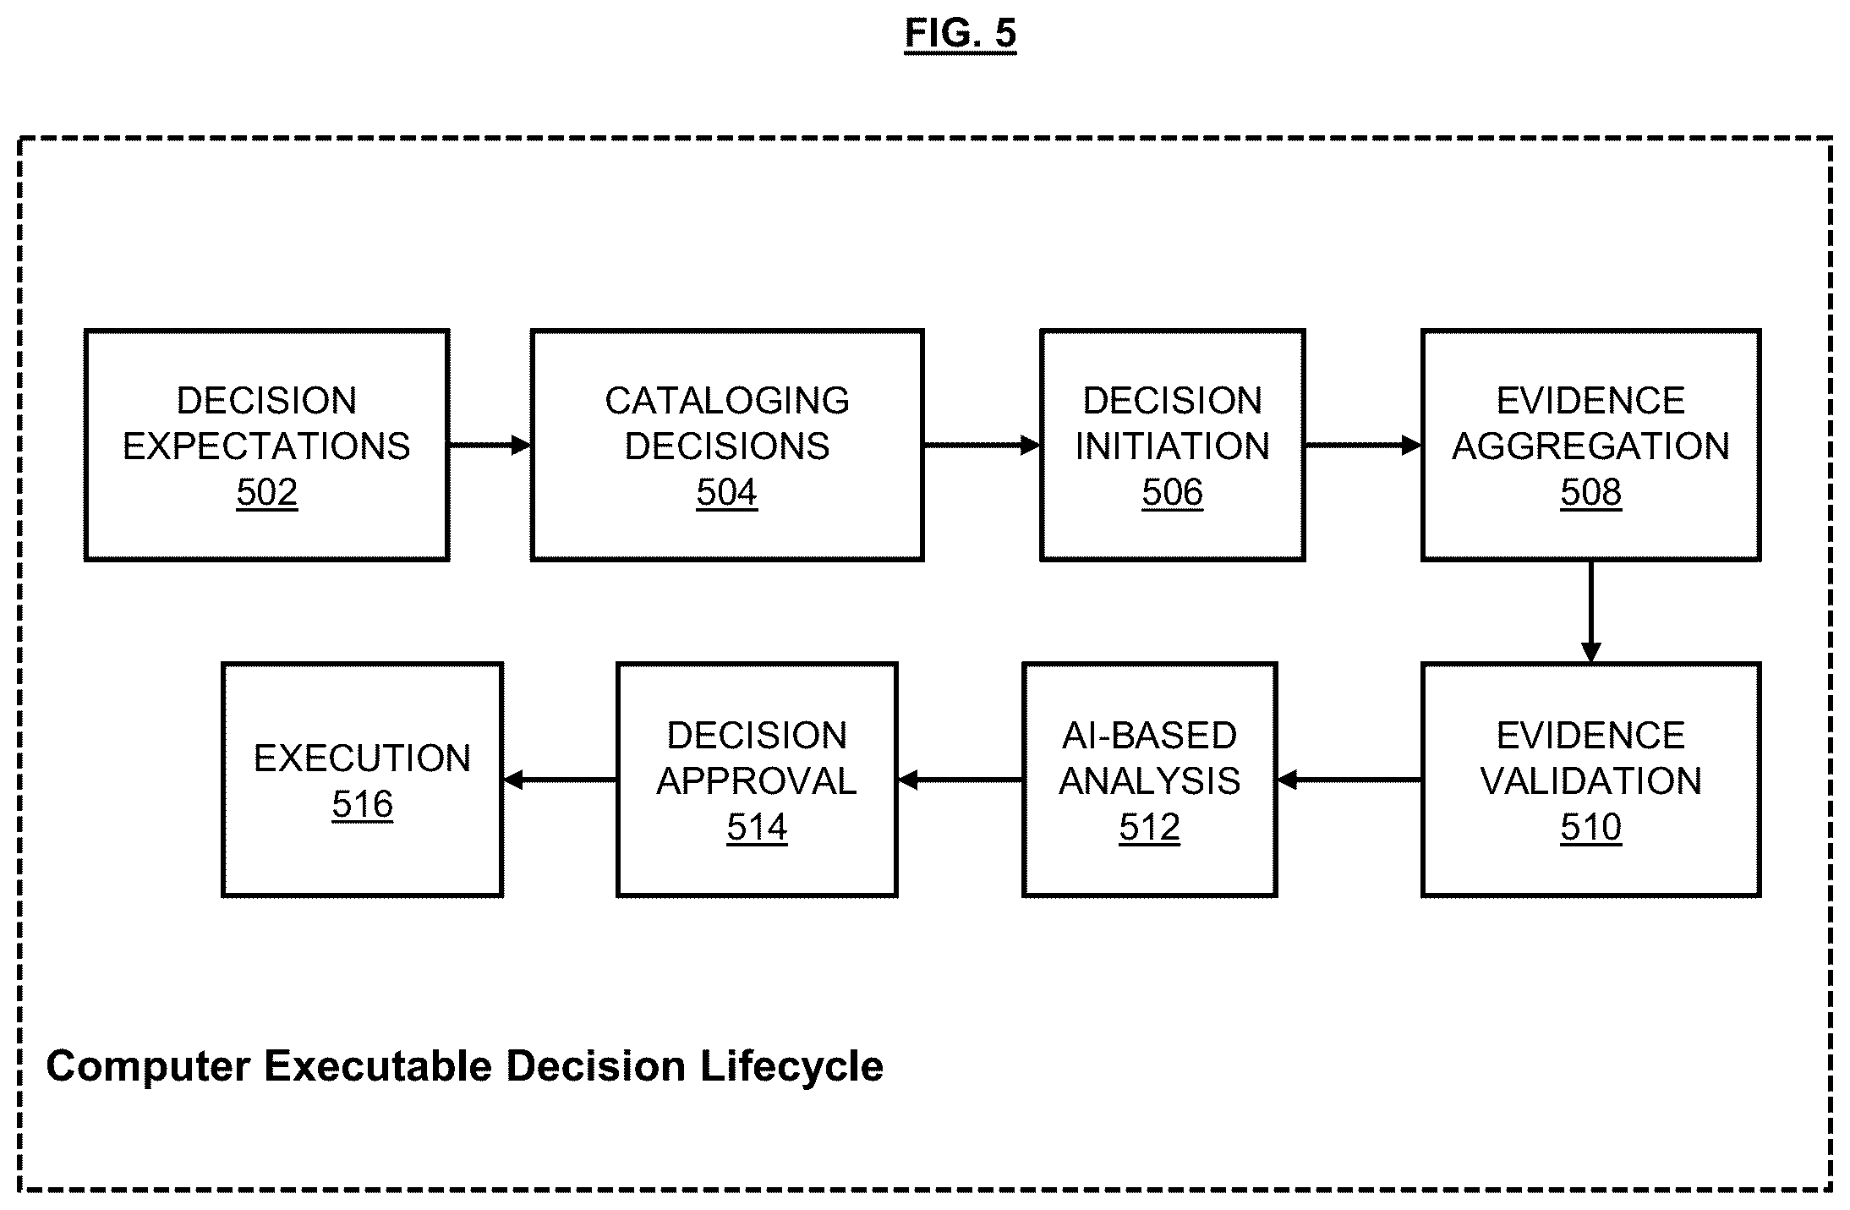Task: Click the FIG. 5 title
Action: pyautogui.click(x=960, y=35)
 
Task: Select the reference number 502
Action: pyautogui.click(x=266, y=492)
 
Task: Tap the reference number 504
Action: pyautogui.click(x=726, y=492)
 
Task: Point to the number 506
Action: pyautogui.click(x=1172, y=492)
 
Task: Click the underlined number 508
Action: pyautogui.click(x=1590, y=492)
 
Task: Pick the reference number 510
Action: pyautogui.click(x=1590, y=827)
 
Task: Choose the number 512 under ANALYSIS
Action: pyautogui.click(x=1149, y=827)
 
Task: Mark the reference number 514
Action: pyautogui.click(x=757, y=827)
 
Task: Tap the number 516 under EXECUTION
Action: pyautogui.click(x=362, y=804)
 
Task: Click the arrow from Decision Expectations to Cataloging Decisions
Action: pyautogui.click(x=490, y=445)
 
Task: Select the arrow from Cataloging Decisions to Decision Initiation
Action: pyautogui.click(x=982, y=445)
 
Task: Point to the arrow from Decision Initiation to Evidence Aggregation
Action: pyautogui.click(x=1363, y=445)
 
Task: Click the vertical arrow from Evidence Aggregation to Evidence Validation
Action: pyautogui.click(x=1590, y=611)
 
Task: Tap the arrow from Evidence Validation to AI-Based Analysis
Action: pyautogui.click(x=1349, y=780)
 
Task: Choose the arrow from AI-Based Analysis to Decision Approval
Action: pyautogui.click(x=960, y=780)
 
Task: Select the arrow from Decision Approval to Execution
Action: pyautogui.click(x=560, y=780)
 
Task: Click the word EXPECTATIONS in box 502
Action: pyautogui.click(x=266, y=446)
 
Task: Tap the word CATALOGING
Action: pyautogui.click(x=727, y=401)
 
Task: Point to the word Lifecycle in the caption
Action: pyautogui.click(x=791, y=1067)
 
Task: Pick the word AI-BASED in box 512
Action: pyautogui.click(x=1149, y=736)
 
